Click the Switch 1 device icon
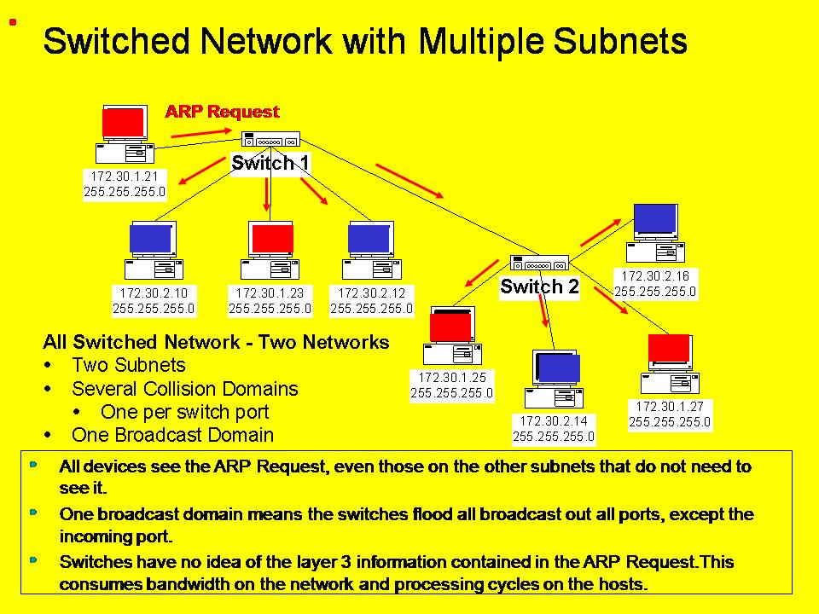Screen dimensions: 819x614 [270, 139]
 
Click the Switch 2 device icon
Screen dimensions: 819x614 [539, 263]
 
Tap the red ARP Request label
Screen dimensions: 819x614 [222, 111]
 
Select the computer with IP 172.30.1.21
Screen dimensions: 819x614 [125, 134]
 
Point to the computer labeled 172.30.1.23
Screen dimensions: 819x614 [270, 250]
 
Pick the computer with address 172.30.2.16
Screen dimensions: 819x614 [655, 233]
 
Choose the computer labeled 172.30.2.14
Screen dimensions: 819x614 [555, 379]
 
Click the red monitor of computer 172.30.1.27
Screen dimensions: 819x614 [669, 348]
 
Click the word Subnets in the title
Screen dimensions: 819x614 [620, 41]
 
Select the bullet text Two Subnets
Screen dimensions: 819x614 [129, 365]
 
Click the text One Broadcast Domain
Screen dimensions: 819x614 [172, 435]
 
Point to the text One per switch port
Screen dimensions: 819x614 [185, 412]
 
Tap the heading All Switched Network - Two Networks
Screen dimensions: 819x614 [216, 342]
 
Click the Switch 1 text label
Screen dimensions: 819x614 [270, 163]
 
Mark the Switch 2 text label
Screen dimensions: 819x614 [539, 287]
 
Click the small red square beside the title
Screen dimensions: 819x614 [13, 22]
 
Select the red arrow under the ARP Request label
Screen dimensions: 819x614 [201, 134]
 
